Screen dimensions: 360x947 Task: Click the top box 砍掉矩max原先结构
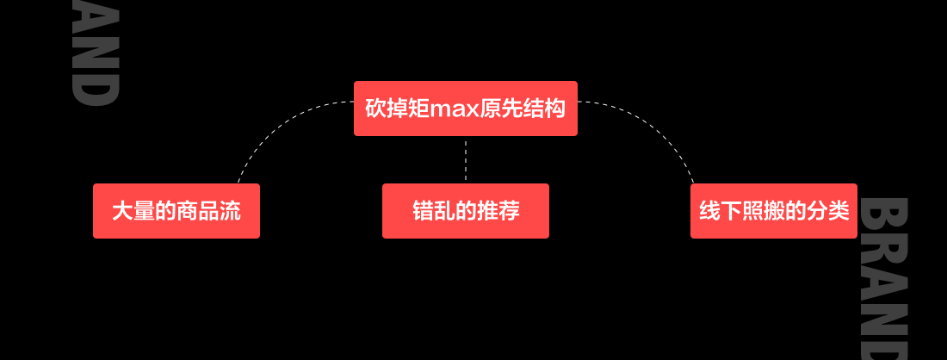click(x=465, y=109)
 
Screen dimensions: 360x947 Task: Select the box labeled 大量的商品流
click(x=176, y=211)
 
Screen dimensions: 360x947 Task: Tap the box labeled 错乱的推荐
click(x=465, y=211)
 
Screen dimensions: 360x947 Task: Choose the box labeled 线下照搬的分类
click(x=773, y=211)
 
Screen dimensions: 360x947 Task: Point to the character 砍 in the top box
click(x=375, y=109)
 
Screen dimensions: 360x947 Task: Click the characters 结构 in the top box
click(x=544, y=109)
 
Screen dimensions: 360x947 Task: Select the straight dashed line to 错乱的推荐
click(x=465, y=159)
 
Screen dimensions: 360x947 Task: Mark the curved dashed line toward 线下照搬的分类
click(x=663, y=129)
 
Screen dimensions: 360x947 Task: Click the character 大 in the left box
click(x=121, y=212)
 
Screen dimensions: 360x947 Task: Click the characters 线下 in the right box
click(x=720, y=212)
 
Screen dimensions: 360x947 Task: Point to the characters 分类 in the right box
click(x=828, y=212)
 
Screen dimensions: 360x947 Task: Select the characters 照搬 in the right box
click(x=763, y=212)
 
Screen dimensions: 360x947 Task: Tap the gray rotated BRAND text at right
click(x=884, y=276)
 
